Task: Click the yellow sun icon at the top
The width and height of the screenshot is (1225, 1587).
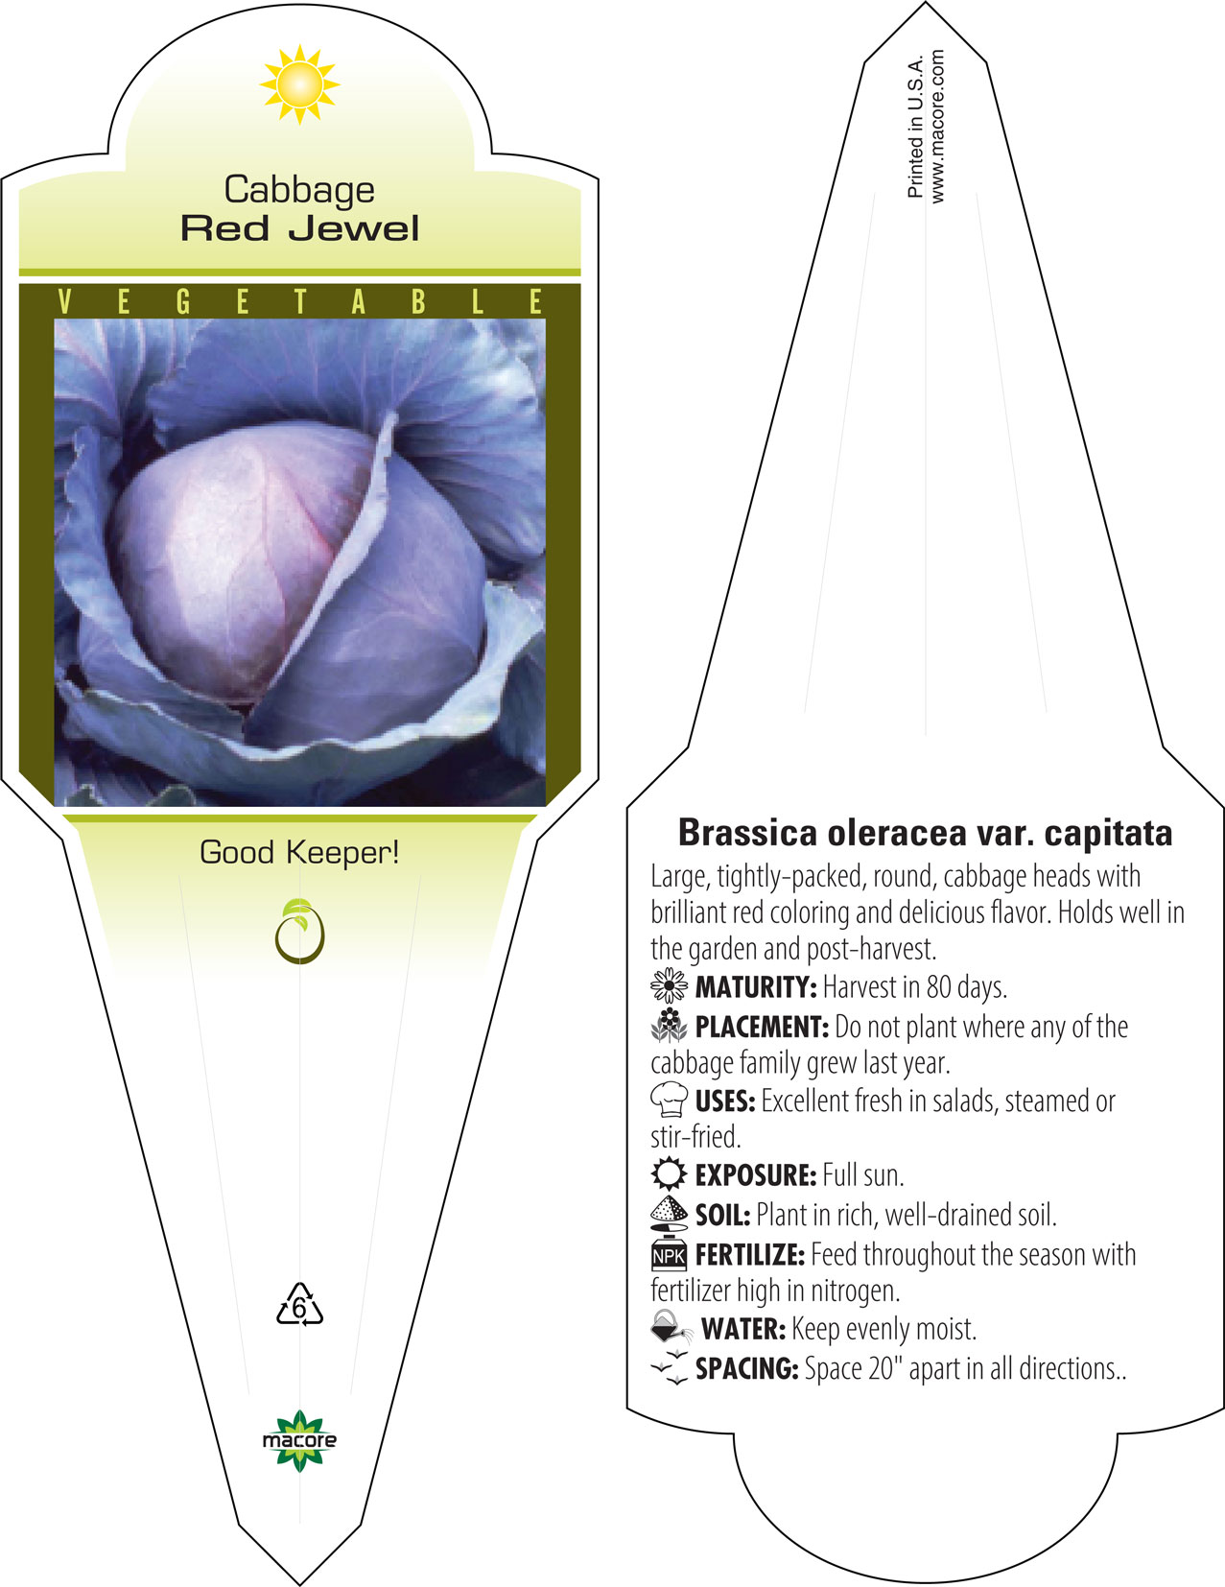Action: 299,84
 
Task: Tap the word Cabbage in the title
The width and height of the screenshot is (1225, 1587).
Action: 299,191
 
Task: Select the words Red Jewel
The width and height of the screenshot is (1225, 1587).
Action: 299,228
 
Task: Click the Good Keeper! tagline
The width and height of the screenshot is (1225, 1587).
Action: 299,853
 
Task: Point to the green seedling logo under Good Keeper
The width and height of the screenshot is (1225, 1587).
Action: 299,931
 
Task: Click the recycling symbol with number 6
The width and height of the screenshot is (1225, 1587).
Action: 299,1305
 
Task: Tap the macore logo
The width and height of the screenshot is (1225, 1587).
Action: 299,1440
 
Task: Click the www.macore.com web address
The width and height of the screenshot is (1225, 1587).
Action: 937,127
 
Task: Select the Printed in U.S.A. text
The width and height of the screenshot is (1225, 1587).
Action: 915,127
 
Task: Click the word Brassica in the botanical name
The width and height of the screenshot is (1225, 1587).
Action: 747,833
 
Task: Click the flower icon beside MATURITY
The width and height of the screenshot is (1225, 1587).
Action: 669,986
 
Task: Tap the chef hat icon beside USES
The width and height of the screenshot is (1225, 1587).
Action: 669,1100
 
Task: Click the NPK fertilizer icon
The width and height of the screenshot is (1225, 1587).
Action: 669,1255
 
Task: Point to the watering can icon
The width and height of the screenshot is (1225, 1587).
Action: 671,1327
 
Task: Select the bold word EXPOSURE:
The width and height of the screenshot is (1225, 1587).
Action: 756,1175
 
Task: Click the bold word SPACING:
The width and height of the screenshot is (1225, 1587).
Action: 747,1368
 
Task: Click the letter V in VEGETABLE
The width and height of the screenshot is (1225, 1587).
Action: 64,301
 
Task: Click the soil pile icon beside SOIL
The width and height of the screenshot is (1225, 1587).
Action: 669,1214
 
